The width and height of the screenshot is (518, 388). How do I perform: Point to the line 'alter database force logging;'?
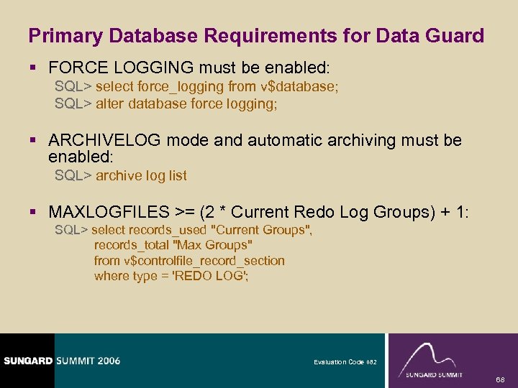[x=186, y=103]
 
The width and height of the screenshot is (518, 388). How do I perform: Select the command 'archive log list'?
[x=141, y=175]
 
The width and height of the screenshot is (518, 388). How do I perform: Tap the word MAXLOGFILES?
[x=109, y=212]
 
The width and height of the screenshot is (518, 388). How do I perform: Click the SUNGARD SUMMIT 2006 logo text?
[x=61, y=361]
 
